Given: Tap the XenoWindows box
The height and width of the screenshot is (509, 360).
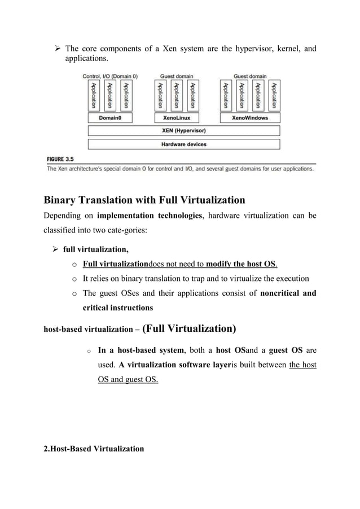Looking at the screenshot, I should tap(250, 118).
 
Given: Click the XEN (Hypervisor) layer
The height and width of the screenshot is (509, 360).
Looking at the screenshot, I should tap(184, 131).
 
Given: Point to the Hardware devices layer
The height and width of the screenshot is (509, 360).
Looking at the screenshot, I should tap(184, 144).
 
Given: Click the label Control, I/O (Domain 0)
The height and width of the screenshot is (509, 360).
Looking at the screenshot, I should tap(111, 76).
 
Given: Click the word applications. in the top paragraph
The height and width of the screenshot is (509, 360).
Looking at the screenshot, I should tap(89, 59).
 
